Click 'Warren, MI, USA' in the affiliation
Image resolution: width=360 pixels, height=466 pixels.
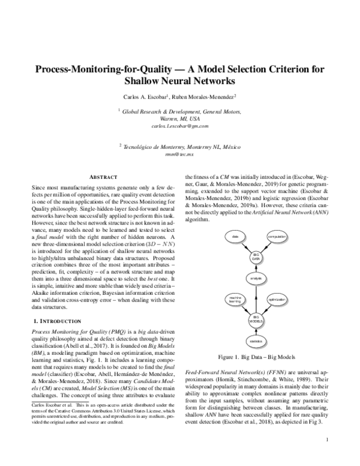[180, 119]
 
